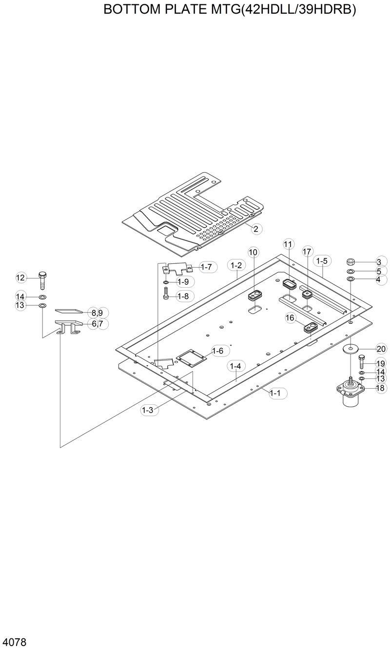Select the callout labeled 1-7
(206, 267)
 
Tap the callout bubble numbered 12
(20, 278)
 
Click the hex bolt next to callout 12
(42, 279)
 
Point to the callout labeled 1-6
(217, 351)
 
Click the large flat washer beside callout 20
(350, 349)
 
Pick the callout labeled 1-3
(147, 410)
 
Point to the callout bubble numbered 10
(253, 252)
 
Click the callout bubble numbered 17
(307, 252)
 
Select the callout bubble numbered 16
(290, 318)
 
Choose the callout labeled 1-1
(275, 393)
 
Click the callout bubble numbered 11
(288, 243)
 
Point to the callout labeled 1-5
(321, 261)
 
